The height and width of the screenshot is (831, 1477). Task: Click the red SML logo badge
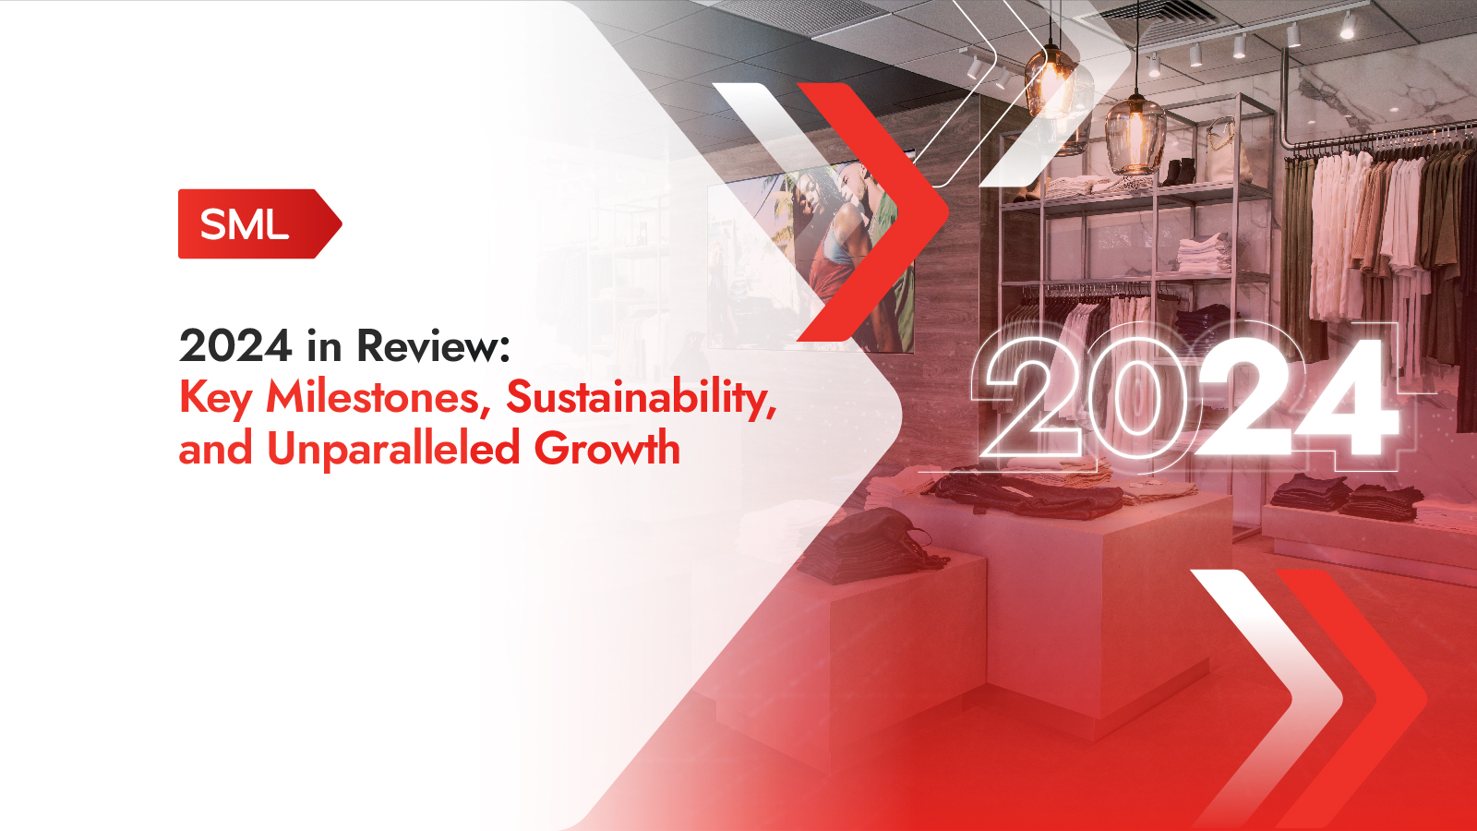click(x=259, y=223)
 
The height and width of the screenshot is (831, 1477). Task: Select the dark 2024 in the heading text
click(x=235, y=345)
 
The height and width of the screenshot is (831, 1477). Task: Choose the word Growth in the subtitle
click(x=606, y=449)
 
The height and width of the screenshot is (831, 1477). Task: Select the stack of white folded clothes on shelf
click(x=1204, y=254)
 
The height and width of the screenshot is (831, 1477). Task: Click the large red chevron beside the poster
click(x=871, y=212)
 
